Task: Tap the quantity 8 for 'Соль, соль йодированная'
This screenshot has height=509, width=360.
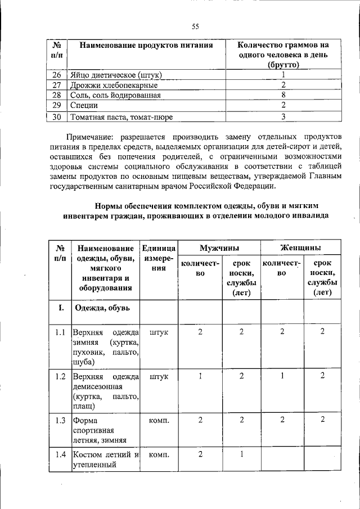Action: (283, 96)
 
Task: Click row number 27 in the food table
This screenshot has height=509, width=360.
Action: (56, 85)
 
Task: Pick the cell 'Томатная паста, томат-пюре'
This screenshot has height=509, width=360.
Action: (120, 118)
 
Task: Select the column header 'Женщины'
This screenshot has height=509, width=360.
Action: (301, 247)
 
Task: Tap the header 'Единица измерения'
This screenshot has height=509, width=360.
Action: (159, 258)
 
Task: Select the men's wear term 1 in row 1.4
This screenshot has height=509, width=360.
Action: (241, 454)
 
